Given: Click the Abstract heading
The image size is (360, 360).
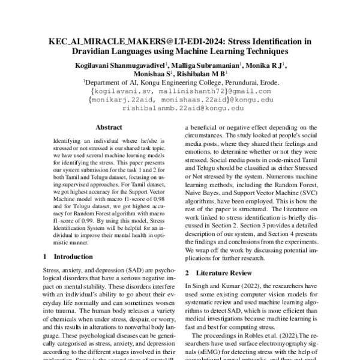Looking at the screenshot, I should point(109,127).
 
